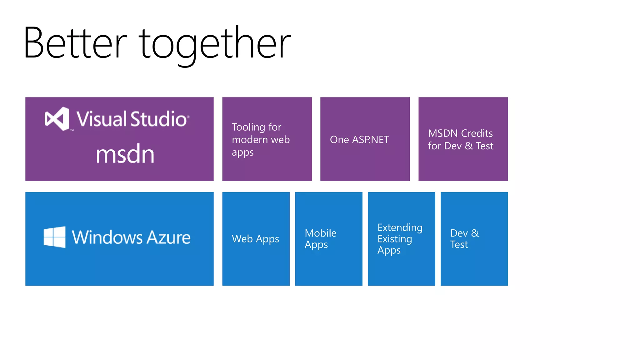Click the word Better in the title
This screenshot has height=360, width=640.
click(75, 43)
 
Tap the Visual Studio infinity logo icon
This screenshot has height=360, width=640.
click(57, 119)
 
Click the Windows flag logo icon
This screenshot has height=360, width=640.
click(55, 237)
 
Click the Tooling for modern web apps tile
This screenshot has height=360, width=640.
click(267, 139)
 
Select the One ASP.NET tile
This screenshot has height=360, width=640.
click(365, 139)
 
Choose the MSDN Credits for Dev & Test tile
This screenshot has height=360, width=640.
click(463, 139)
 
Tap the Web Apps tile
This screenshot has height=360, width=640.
click(256, 239)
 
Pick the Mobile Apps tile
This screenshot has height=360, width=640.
click(328, 239)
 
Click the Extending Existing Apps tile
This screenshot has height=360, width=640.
click(401, 239)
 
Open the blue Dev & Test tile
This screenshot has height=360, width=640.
click(474, 239)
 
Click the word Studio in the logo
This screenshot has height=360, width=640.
click(158, 119)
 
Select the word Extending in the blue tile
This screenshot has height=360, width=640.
click(400, 227)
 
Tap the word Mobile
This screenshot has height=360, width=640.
click(320, 233)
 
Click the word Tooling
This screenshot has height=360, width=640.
click(248, 127)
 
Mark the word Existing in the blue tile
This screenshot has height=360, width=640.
click(394, 239)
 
